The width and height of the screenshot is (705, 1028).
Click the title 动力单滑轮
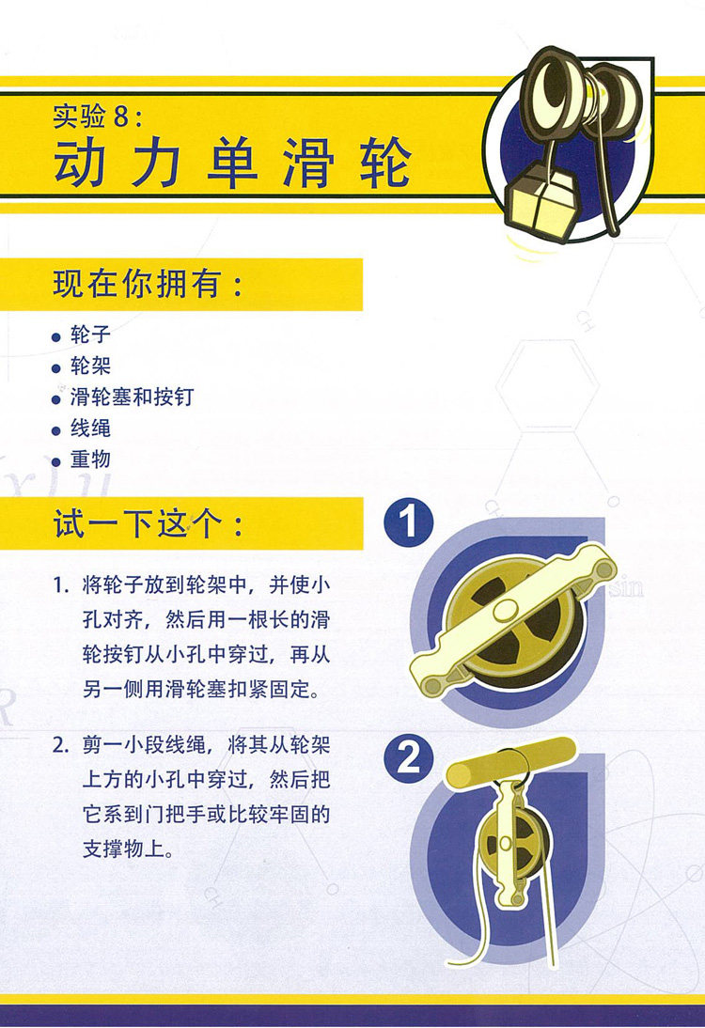coord(233,163)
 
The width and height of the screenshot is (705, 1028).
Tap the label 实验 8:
coord(98,117)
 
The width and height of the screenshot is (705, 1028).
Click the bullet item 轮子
coord(90,335)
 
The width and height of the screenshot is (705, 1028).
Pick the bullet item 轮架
coord(90,366)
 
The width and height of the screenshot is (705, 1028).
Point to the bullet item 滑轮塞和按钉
coord(132,397)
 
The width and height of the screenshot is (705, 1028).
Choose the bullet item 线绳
coord(90,428)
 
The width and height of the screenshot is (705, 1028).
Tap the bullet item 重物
coord(90,459)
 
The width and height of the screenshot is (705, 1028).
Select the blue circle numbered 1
coord(409,523)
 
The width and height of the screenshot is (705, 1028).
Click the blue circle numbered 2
coord(409,758)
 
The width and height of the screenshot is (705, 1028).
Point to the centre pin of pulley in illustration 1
coord(507,611)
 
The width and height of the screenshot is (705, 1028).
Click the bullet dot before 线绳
coord(56,430)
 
